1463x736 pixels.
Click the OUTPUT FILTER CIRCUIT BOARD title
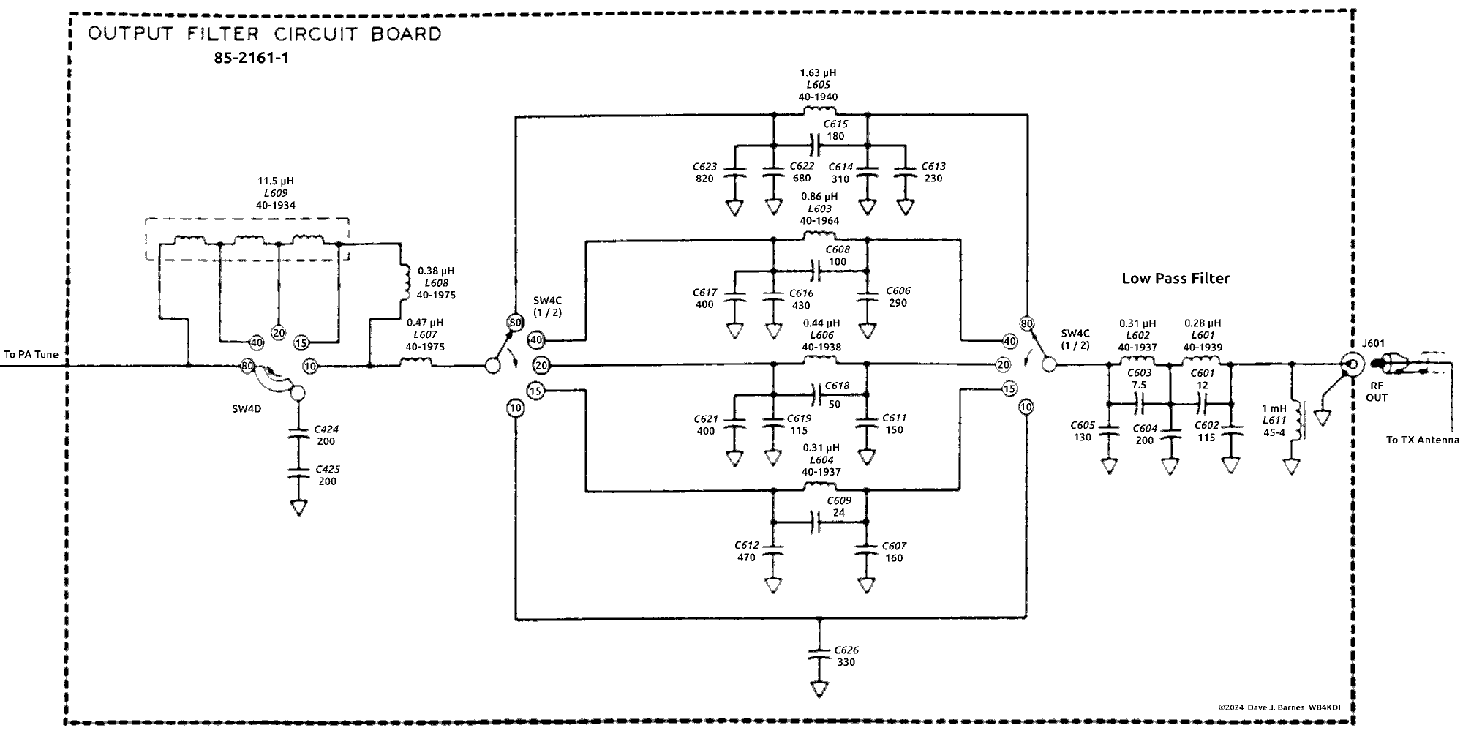264,34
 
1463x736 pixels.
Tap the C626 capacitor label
846,650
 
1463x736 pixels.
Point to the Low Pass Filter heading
1176,279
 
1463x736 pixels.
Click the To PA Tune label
31,355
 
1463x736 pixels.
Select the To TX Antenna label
1422,440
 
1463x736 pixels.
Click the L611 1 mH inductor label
1274,421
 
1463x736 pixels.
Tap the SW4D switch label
247,409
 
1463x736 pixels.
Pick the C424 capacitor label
326,429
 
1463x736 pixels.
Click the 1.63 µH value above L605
818,73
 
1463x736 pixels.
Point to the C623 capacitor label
705,167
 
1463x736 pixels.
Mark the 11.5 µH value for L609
276,181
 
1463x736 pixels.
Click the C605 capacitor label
1083,426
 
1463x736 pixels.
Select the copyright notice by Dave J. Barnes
1284,707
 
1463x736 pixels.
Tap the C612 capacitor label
746,546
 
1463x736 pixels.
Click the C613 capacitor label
933,167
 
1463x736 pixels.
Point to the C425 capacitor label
327,470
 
